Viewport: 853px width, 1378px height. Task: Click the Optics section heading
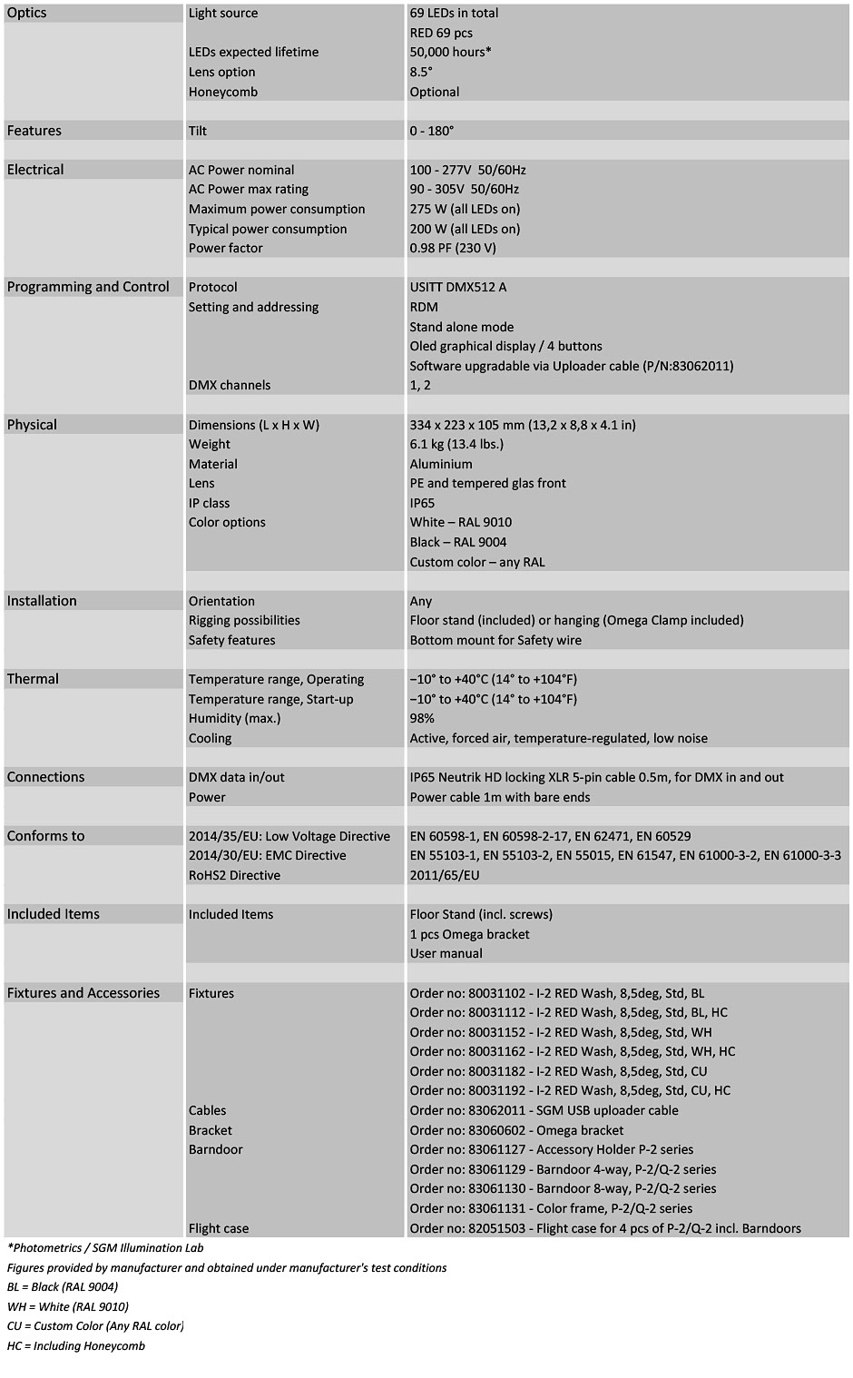[27, 14]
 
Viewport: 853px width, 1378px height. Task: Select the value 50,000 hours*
[450, 53]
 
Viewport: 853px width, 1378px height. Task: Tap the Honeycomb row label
[223, 92]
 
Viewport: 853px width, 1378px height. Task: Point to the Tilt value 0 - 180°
[432, 131]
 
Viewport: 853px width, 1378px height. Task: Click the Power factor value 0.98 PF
[453, 249]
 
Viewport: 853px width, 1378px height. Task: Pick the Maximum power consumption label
[277, 210]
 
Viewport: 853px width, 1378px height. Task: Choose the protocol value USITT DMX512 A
[458, 288]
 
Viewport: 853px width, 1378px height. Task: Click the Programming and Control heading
[88, 287]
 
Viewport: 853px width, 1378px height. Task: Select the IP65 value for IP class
[422, 504]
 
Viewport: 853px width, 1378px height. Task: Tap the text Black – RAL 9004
[458, 543]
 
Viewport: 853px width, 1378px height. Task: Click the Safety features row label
[232, 641]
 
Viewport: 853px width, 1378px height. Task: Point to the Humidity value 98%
[422, 719]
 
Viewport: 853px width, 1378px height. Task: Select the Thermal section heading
[33, 679]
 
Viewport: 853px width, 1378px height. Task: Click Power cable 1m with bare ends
[500, 798]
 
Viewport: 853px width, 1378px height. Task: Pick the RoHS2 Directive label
[234, 876]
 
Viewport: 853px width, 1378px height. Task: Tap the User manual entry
[446, 954]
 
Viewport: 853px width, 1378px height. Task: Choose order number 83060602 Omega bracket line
[516, 1131]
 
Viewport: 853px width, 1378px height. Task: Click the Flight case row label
[219, 1229]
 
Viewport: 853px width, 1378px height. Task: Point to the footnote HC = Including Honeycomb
[76, 1346]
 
